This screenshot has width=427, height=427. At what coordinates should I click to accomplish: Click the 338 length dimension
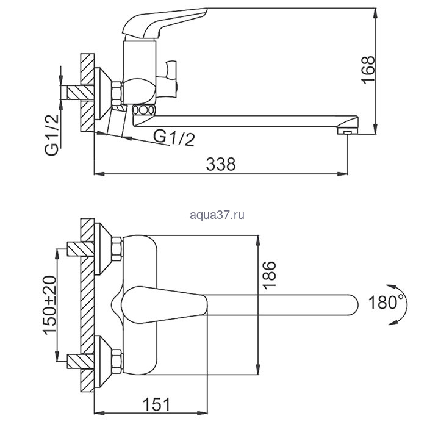pyautogui.click(x=221, y=164)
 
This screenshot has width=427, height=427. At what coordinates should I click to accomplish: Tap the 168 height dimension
pyautogui.click(x=368, y=70)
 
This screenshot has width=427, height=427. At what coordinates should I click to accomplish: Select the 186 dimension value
pyautogui.click(x=269, y=274)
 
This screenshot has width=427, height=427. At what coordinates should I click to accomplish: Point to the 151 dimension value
pyautogui.click(x=156, y=404)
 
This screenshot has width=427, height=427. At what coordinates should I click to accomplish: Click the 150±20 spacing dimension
pyautogui.click(x=49, y=305)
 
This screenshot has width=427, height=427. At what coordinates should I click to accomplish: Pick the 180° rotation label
pyautogui.click(x=386, y=302)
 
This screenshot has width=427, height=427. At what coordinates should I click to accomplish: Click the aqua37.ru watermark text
pyautogui.click(x=217, y=215)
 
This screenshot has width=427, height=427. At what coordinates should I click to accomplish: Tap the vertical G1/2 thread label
pyautogui.click(x=52, y=135)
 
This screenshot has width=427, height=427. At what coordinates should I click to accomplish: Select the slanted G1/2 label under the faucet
pyautogui.click(x=174, y=137)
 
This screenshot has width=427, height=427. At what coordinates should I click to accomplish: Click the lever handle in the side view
pyautogui.click(x=163, y=23)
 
